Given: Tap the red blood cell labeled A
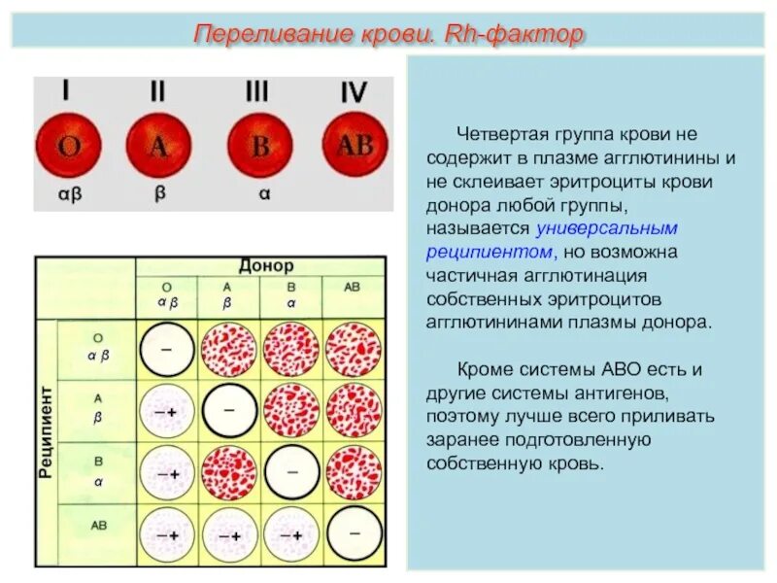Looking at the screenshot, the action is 159,147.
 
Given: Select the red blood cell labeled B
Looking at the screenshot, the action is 259,147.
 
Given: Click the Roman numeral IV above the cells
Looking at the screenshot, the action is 355,93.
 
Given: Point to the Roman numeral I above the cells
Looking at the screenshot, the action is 66,91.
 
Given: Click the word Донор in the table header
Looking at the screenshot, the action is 266,265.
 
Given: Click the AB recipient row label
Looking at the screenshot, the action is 99,525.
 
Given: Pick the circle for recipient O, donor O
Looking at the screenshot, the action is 167,350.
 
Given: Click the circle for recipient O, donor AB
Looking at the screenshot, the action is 354,350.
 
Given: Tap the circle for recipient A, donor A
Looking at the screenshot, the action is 229,411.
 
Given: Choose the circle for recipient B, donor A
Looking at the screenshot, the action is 229,473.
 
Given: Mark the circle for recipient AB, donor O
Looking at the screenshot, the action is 167,534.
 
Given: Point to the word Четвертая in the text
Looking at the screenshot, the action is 494,133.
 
